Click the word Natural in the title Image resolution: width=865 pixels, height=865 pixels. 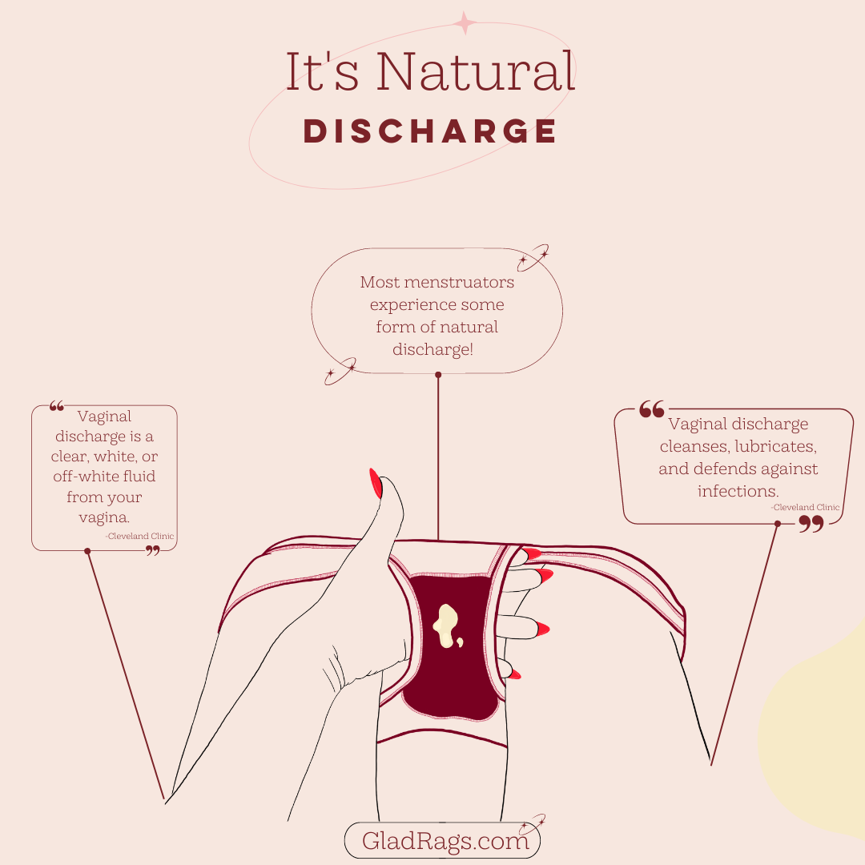476,72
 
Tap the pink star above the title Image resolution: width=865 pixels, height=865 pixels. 465,23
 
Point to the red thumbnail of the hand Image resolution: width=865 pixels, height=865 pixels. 375,484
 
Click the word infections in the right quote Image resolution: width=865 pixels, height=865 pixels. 738,491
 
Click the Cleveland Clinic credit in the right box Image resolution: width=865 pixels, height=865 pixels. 805,508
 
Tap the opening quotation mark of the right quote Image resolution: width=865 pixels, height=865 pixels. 651,410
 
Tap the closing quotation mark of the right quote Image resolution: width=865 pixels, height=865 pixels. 811,525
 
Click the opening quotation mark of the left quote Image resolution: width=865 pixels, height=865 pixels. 56,406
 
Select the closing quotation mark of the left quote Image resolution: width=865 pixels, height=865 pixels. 152,550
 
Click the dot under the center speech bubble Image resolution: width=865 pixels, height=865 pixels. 438,374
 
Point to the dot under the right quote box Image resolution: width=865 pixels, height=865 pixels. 777,524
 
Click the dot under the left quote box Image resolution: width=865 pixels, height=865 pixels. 87,551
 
